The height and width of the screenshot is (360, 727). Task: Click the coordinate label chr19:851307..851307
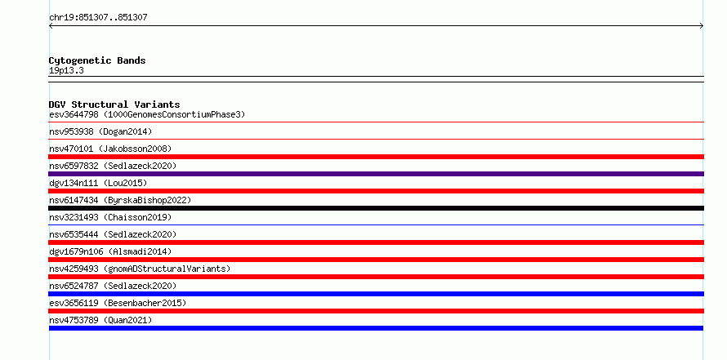98,18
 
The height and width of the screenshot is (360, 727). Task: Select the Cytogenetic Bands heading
97,60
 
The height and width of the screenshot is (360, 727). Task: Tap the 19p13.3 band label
66,71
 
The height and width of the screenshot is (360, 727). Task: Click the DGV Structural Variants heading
114,104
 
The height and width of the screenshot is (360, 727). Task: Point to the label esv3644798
74,114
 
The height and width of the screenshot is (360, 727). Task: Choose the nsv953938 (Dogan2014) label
100,131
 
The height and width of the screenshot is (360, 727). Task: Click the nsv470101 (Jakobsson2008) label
110,149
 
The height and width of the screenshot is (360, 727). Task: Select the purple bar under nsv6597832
376,174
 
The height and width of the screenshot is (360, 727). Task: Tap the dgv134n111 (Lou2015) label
98,183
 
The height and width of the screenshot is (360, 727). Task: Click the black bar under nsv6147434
376,208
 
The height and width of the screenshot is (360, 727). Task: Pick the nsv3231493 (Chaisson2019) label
110,217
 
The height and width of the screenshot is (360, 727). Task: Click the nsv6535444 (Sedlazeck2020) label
113,234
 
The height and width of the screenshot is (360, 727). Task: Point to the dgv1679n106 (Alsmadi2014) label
110,251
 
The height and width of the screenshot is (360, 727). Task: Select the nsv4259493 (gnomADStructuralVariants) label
140,269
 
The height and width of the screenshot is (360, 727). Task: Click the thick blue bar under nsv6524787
376,294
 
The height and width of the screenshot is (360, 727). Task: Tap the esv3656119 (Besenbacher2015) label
118,303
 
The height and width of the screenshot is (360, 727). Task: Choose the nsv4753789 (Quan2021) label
100,320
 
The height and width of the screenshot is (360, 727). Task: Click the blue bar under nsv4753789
376,328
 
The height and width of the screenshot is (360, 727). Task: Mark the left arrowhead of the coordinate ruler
50,26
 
